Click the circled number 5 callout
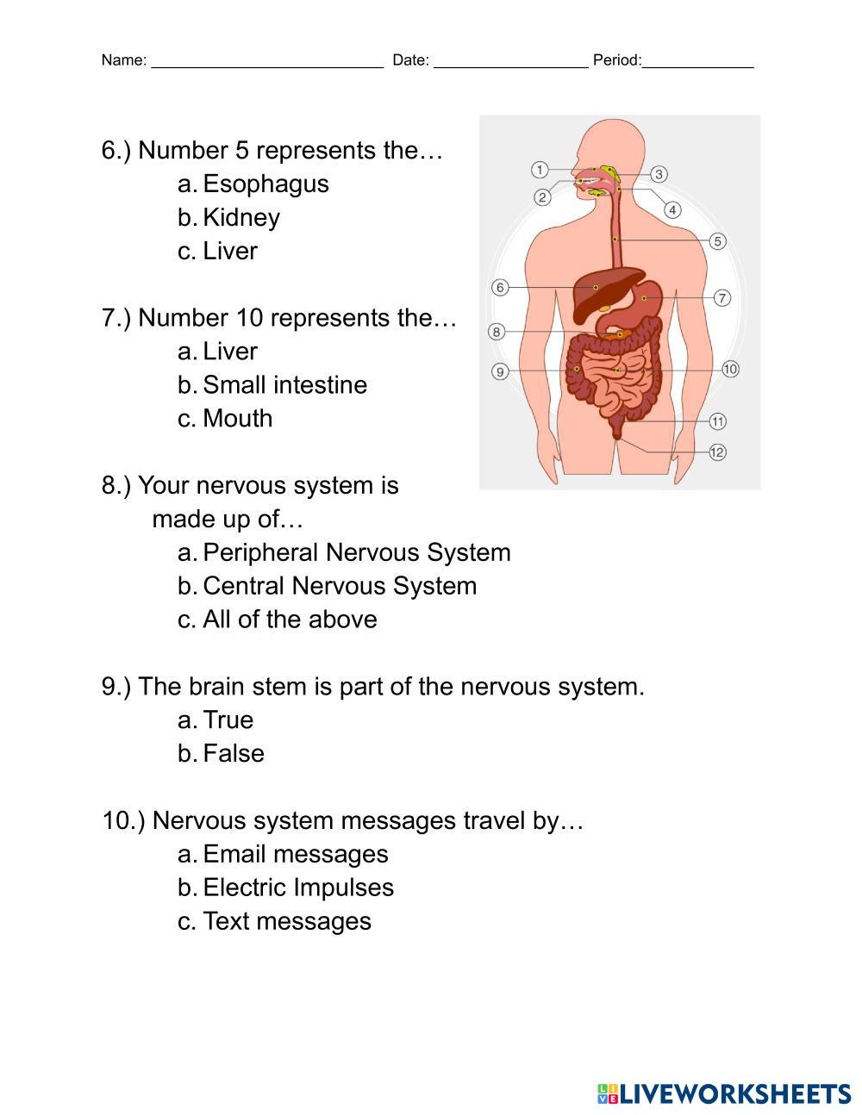[717, 241]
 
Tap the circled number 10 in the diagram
[730, 369]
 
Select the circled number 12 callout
[717, 452]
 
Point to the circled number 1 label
[540, 170]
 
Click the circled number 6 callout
[500, 287]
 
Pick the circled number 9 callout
[500, 371]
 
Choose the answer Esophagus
[265, 184]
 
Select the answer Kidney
[241, 217]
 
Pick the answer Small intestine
[284, 384]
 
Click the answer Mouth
[237, 418]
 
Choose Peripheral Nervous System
[356, 552]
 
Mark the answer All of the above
[290, 620]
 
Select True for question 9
[228, 719]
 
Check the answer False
[233, 753]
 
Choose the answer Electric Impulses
[297, 888]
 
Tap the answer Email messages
[295, 854]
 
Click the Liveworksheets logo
[724, 1093]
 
